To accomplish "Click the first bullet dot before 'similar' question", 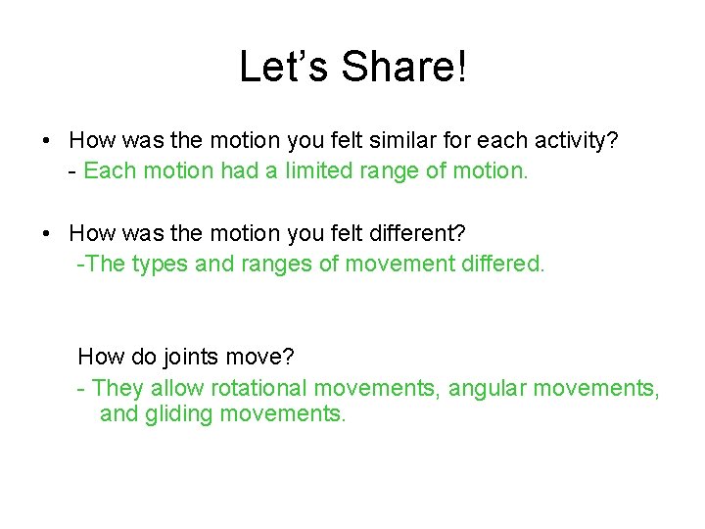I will pos(47,142).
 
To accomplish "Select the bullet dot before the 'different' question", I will pos(47,234).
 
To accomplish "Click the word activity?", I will pos(578,141).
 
